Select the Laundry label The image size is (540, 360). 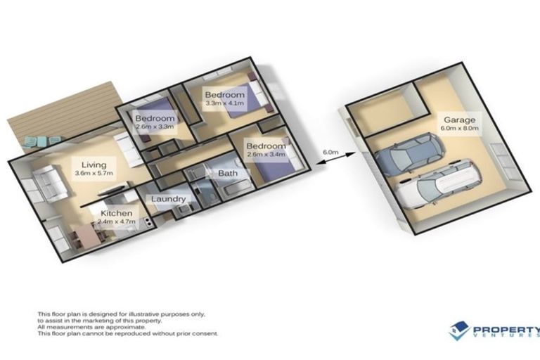click(168, 199)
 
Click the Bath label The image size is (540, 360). click(227, 173)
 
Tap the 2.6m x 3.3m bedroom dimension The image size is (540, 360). click(154, 127)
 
